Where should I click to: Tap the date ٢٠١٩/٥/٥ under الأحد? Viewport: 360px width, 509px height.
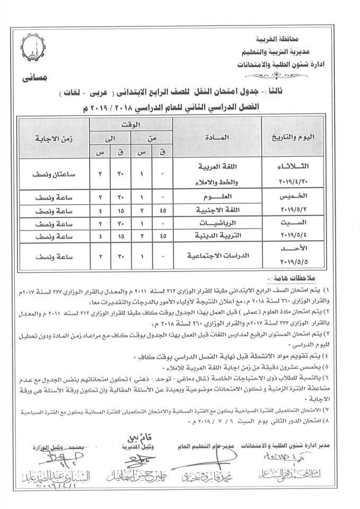coord(297,262)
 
